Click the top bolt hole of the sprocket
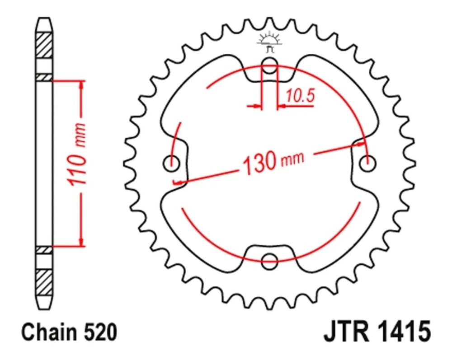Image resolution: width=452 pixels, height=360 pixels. click(269, 65)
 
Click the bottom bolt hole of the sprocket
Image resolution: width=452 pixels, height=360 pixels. click(269, 262)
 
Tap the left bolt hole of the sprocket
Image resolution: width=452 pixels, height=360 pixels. click(171, 164)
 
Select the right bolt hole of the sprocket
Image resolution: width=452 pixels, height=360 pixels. click(367, 164)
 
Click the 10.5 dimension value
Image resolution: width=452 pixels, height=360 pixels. click(300, 95)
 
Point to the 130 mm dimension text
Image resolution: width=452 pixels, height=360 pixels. click(273, 163)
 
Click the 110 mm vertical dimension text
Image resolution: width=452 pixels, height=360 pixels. click(76, 154)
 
